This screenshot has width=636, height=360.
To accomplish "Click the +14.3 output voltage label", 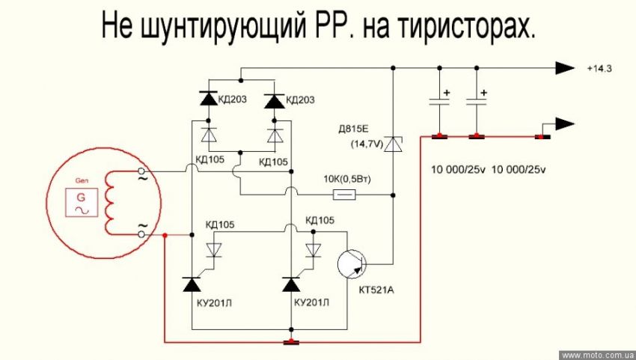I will pyautogui.click(x=599, y=69).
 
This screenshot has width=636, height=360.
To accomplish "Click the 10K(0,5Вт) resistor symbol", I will pyautogui.click(x=344, y=195).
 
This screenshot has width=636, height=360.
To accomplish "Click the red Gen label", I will pyautogui.click(x=82, y=180).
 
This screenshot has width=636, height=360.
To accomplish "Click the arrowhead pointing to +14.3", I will pyautogui.click(x=563, y=68).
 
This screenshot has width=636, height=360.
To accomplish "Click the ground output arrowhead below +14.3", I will pyautogui.click(x=562, y=124).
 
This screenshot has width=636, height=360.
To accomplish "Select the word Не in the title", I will pyautogui.click(x=118, y=28).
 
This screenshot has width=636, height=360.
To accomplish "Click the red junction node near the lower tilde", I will pyautogui.click(x=164, y=235).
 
